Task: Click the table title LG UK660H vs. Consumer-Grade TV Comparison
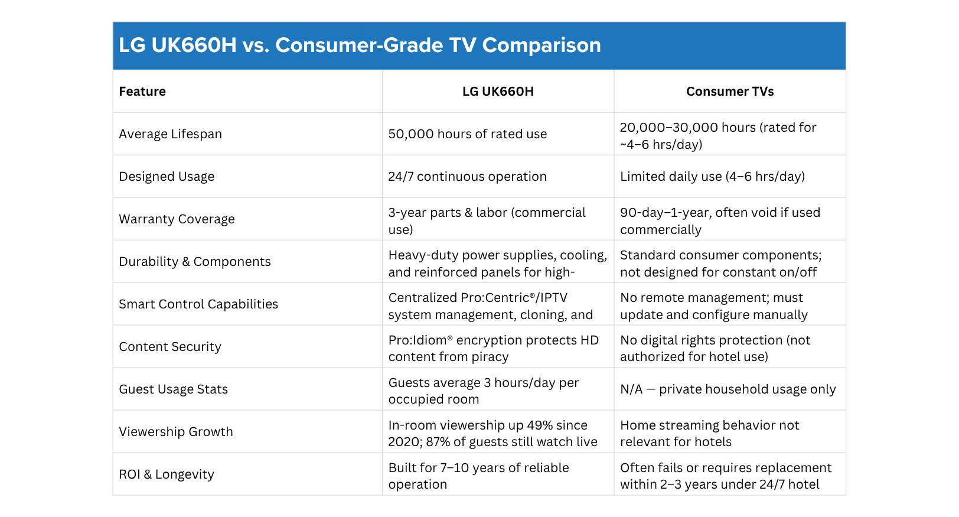(x=360, y=45)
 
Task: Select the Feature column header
(x=142, y=92)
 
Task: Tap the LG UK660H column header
(x=498, y=92)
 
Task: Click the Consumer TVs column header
(x=729, y=92)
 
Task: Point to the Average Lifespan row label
(x=171, y=134)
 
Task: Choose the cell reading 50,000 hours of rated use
(x=467, y=134)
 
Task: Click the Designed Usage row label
(x=167, y=177)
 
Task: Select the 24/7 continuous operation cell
(x=467, y=177)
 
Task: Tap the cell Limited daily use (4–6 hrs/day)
(x=712, y=177)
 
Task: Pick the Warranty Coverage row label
(x=177, y=219)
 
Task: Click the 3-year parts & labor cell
(x=487, y=221)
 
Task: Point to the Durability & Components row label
(x=195, y=262)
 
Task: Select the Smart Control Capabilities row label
(x=198, y=304)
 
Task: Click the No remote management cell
(x=713, y=306)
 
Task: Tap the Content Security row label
(x=170, y=347)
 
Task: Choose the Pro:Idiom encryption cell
(x=493, y=349)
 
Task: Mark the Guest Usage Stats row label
(x=173, y=389)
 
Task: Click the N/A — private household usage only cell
(x=728, y=389)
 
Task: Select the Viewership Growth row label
(x=176, y=432)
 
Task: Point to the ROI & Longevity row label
(x=167, y=474)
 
